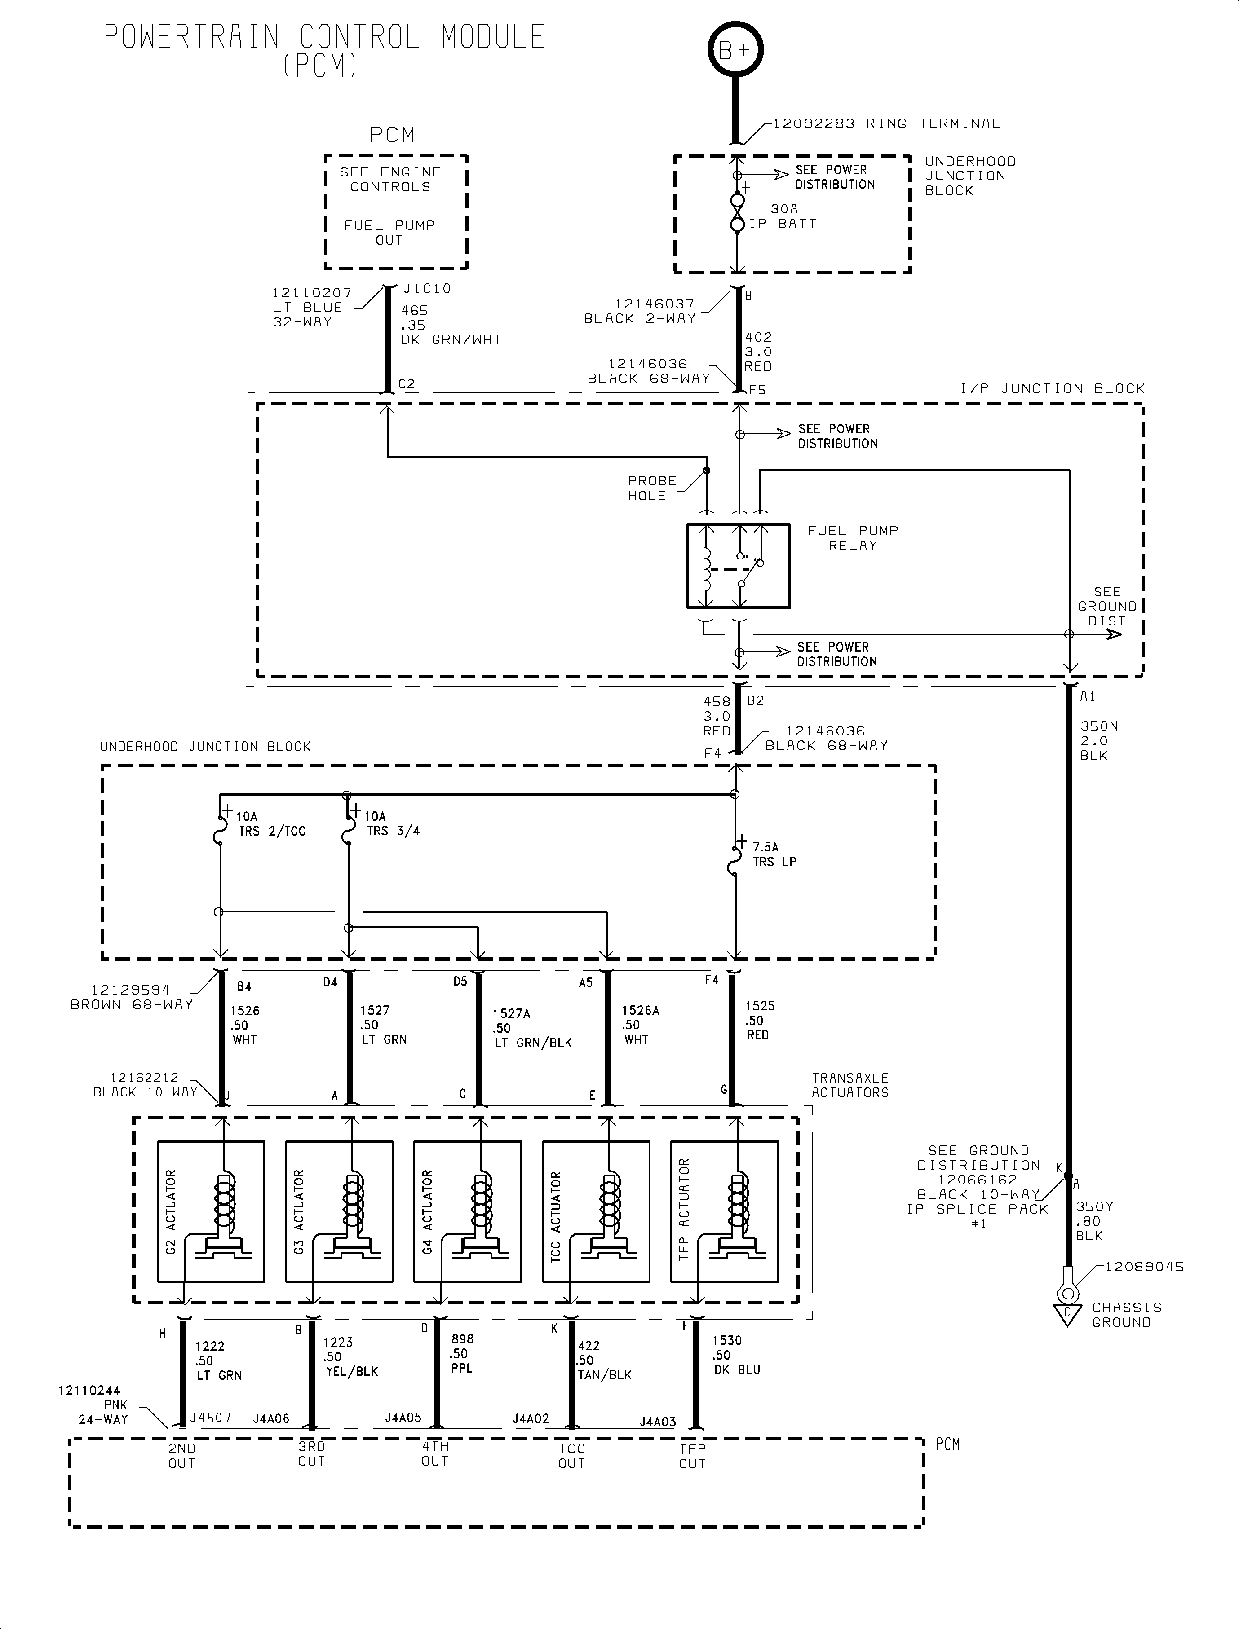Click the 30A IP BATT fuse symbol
737,212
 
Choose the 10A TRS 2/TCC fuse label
270,824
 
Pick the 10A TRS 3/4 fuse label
393,823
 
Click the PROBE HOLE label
652,488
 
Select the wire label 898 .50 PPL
462,1353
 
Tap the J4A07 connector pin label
211,1418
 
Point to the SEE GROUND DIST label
1107,607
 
